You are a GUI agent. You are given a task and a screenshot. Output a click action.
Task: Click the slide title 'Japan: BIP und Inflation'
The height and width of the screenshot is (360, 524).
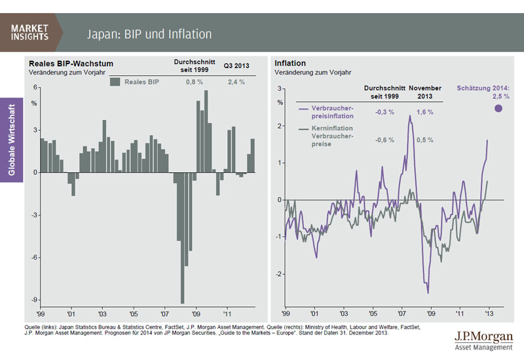(150, 33)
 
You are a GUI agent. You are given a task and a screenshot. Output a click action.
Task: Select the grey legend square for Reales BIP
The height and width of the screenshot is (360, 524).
(115, 82)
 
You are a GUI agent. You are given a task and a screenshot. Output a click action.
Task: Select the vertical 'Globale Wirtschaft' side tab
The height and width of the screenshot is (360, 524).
(12, 137)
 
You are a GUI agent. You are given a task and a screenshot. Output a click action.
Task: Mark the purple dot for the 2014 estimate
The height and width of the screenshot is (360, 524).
(497, 109)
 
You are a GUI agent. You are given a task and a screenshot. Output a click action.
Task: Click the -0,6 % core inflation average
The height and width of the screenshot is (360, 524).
(384, 139)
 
